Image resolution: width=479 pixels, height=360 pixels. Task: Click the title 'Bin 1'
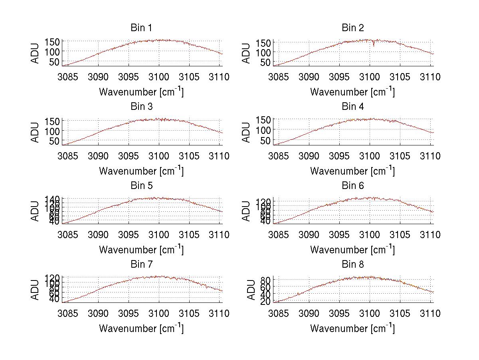pyautogui.click(x=141, y=28)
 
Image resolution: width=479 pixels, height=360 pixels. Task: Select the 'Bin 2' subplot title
pyautogui.click(x=352, y=28)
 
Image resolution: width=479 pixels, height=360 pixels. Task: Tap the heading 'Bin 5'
pyautogui.click(x=141, y=186)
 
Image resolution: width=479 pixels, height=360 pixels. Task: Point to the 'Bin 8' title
pyautogui.click(x=352, y=265)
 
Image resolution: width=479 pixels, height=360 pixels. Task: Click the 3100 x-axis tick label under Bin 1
pyautogui.click(x=159, y=77)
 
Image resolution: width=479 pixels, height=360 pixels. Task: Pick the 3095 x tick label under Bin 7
pyautogui.click(x=129, y=314)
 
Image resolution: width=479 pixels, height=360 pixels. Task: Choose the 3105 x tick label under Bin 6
pyautogui.click(x=400, y=235)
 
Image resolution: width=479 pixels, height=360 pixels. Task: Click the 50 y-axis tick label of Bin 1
pyautogui.click(x=55, y=62)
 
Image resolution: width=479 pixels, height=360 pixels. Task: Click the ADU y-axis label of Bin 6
pyautogui.click(x=246, y=211)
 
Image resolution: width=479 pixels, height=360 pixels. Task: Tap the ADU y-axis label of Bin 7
pyautogui.click(x=35, y=290)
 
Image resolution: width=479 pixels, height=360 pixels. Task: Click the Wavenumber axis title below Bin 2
pyautogui.click(x=352, y=92)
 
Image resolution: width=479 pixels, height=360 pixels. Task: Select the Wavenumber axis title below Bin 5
pyautogui.click(x=141, y=250)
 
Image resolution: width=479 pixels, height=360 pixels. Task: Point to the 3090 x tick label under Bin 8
pyautogui.click(x=309, y=314)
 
